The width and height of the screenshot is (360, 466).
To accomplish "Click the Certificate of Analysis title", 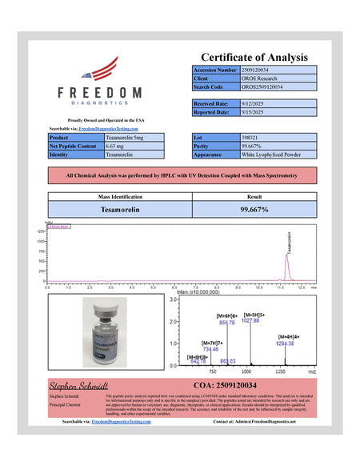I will click(254, 57).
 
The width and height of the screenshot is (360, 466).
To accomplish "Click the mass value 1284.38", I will click(286, 343).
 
